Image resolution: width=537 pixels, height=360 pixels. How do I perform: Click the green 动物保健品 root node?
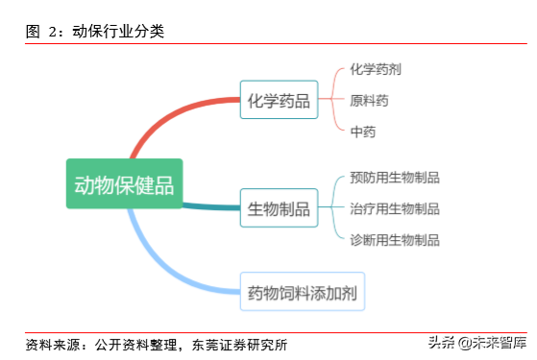coord(124,184)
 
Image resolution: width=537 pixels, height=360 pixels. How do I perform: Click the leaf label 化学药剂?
coord(376,69)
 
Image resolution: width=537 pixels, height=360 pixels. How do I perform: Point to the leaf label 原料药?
coord(370,100)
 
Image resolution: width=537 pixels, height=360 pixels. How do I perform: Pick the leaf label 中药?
coord(363,132)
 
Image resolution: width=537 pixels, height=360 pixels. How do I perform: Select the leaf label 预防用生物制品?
coord(395,178)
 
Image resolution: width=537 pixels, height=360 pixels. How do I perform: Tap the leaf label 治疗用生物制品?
coord(395,208)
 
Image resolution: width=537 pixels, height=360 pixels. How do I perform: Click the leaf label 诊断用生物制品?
coord(395,239)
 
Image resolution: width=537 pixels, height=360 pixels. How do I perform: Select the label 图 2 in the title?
coord(42,32)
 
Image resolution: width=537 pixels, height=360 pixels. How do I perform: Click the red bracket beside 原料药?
coord(333,100)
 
